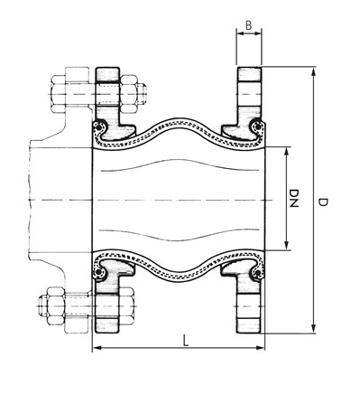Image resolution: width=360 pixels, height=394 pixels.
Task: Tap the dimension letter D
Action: pyautogui.click(x=322, y=204)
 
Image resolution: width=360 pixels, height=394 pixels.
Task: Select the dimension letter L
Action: pyautogui.click(x=184, y=340)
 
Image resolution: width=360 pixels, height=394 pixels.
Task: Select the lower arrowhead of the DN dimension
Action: pyautogui.click(x=286, y=246)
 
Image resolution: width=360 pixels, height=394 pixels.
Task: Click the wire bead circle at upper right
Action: pyautogui.click(x=259, y=126)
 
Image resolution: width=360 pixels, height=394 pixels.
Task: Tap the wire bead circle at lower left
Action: pyautogui.click(x=100, y=272)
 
